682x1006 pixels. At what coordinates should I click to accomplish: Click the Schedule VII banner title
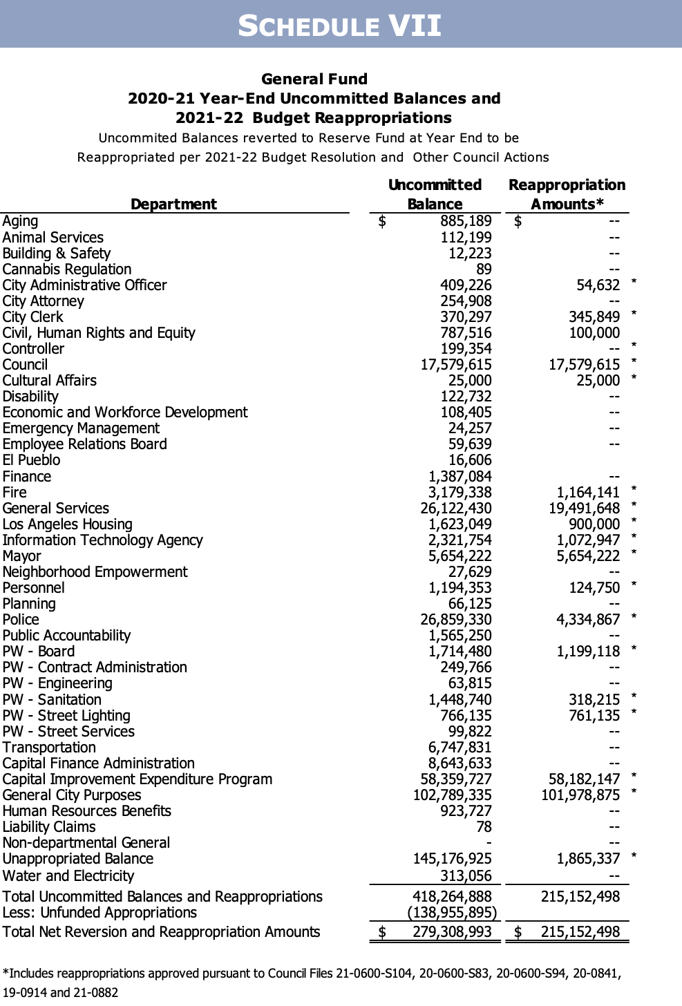click(340, 26)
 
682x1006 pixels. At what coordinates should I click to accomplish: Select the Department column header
click(173, 204)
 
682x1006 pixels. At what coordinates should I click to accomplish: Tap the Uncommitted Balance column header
click(435, 194)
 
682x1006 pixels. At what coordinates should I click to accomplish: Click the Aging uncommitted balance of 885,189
click(466, 221)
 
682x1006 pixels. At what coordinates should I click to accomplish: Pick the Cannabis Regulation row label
click(67, 269)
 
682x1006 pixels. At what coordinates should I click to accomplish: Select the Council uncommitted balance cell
click(456, 365)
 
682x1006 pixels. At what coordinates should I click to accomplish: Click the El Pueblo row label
click(31, 460)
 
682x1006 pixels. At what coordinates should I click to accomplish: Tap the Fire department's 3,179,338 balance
click(460, 493)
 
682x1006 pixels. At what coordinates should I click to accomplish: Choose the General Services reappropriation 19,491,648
click(578, 509)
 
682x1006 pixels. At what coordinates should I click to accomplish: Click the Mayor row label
click(21, 556)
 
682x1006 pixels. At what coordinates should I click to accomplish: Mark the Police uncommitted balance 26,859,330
click(456, 620)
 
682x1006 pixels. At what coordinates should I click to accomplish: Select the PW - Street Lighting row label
click(66, 716)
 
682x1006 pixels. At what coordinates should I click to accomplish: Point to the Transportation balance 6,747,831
click(460, 748)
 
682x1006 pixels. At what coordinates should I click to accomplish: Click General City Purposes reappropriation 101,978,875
click(580, 795)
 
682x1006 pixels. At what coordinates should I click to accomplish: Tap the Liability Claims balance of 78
click(484, 827)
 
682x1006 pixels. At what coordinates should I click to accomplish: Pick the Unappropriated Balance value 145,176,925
click(453, 859)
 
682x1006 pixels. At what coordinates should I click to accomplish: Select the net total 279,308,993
click(453, 932)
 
